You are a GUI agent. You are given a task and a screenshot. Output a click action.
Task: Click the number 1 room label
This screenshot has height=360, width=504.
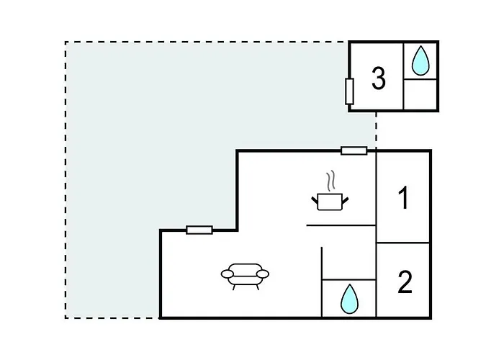[404, 198]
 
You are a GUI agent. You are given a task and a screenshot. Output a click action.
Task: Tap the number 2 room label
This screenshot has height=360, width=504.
[405, 283]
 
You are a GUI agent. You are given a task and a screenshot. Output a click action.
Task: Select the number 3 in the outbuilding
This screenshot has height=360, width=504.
[379, 78]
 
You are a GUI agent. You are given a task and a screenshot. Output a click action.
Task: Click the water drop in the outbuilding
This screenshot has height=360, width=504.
[420, 62]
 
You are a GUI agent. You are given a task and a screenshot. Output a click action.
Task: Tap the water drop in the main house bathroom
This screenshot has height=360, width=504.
[348, 298]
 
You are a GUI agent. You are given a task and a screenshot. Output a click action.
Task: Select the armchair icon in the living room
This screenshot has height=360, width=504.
[245, 274]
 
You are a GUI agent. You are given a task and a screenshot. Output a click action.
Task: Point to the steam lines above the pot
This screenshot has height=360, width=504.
[330, 180]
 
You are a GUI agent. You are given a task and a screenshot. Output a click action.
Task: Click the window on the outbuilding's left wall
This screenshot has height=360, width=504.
[349, 91]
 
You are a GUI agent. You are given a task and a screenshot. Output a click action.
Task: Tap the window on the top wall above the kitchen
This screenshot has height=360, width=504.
[354, 150]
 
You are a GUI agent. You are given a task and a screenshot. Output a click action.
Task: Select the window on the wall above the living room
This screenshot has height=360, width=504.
[199, 230]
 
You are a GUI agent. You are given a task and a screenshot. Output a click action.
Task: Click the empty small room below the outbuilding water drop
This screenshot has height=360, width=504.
[420, 94]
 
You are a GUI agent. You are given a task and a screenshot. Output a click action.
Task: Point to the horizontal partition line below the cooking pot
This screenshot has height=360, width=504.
[341, 225]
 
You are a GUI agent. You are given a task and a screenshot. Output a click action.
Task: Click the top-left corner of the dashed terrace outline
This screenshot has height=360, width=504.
[66, 42]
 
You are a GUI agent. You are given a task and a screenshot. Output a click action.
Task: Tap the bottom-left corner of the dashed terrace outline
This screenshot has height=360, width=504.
[66, 318]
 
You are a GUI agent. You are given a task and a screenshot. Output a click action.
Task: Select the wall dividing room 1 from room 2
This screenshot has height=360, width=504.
[404, 243]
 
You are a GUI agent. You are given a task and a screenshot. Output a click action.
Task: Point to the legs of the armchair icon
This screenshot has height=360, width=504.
[245, 285]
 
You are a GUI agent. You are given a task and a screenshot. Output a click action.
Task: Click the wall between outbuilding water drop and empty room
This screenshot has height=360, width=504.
[420, 79]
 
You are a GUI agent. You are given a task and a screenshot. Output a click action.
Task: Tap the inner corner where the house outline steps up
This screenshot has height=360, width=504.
[238, 230]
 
